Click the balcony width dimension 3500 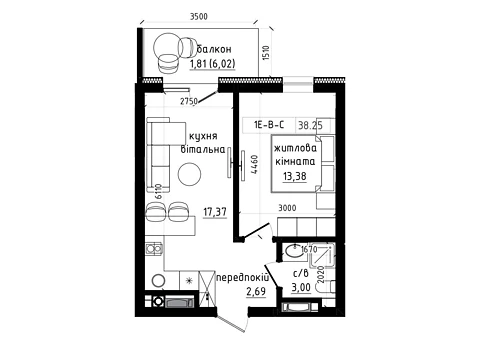pyautogui.click(x=199, y=16)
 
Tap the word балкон pyautogui.click(x=214, y=49)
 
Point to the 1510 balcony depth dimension pyautogui.click(x=266, y=53)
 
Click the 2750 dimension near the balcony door pyautogui.click(x=189, y=101)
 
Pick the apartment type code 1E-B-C pyautogui.click(x=269, y=125)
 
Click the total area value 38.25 pyautogui.click(x=310, y=125)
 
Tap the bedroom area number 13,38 pyautogui.click(x=295, y=176)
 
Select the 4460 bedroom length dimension pyautogui.click(x=254, y=164)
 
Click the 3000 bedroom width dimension pyautogui.click(x=287, y=208)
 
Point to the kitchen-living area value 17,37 pyautogui.click(x=215, y=212)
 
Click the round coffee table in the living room pyautogui.click(x=189, y=174)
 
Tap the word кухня pyautogui.click(x=203, y=136)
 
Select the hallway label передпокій pyautogui.click(x=243, y=278)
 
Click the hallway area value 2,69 pyautogui.click(x=256, y=292)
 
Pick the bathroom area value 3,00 pyautogui.click(x=301, y=287)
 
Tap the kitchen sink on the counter pyautogui.click(x=154, y=249)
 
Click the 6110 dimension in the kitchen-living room pyautogui.click(x=159, y=191)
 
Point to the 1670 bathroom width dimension pyautogui.click(x=309, y=249)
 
